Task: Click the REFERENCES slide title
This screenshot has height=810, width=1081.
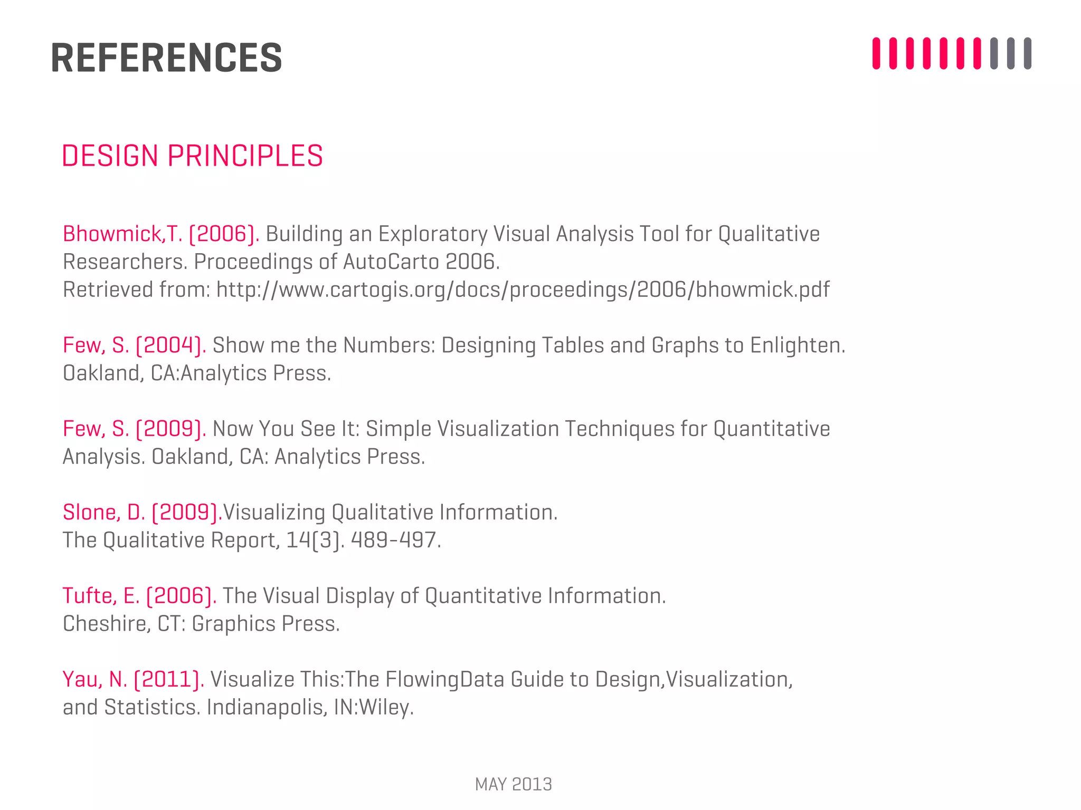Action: coord(166,57)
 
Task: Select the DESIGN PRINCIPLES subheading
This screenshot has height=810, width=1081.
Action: coord(192,156)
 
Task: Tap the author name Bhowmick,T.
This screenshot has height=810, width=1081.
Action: coord(122,234)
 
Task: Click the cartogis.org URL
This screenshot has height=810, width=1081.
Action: coord(523,290)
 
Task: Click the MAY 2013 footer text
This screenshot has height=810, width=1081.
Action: coord(513,785)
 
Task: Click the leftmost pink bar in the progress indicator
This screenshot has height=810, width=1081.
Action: coord(876,53)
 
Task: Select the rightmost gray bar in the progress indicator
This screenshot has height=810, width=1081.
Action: coord(1027,53)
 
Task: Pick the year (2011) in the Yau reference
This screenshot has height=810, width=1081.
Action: coord(169,679)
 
